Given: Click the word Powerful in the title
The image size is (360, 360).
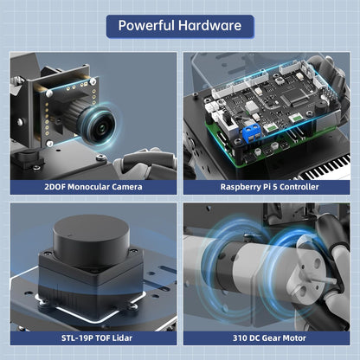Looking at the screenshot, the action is pyautogui.click(x=146, y=26).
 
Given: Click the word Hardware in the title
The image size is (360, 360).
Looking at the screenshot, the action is pyautogui.click(x=209, y=25).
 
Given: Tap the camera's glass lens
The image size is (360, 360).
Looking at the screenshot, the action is pyautogui.click(x=100, y=126).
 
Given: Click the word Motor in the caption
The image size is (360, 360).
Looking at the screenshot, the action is pyautogui.click(x=294, y=338).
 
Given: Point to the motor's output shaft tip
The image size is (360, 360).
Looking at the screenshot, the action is pyautogui.click(x=334, y=280).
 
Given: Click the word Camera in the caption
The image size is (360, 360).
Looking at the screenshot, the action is pyautogui.click(x=127, y=187).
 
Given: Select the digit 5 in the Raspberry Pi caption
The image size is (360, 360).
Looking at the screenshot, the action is pyautogui.click(x=274, y=187).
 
